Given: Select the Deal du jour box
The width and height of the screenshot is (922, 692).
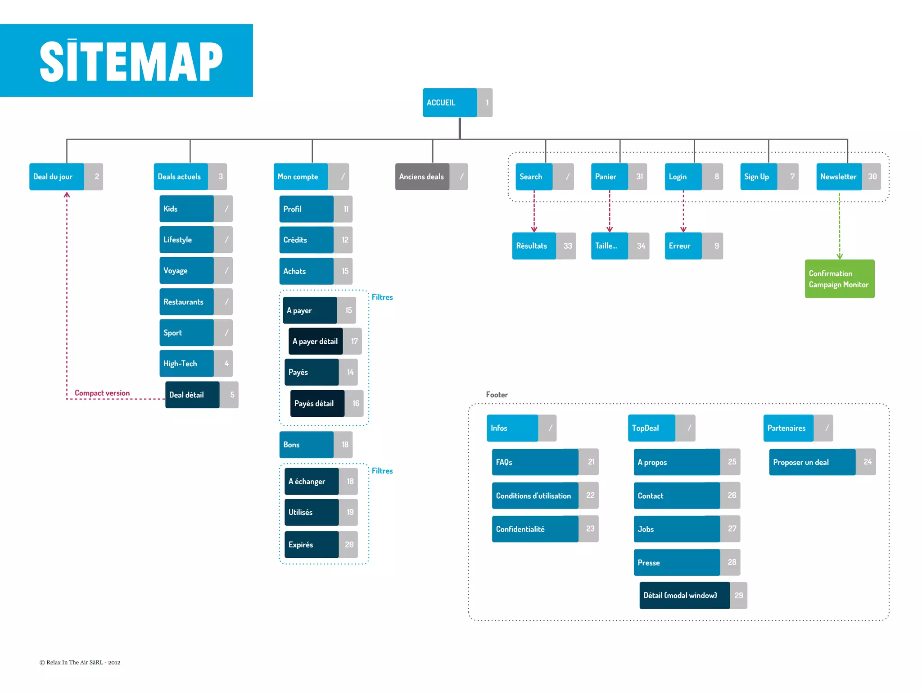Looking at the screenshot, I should [x=56, y=177].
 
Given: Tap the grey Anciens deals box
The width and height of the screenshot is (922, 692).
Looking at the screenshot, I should [x=422, y=177].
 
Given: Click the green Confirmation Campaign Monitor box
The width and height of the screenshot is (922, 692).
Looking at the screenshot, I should [x=839, y=279].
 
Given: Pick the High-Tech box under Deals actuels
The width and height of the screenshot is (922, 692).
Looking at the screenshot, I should [x=186, y=364].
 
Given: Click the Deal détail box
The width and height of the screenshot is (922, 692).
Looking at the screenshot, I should [x=192, y=395].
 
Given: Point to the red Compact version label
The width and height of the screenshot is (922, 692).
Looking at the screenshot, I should [x=102, y=393].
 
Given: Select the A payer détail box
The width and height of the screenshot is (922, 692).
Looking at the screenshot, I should [x=315, y=341].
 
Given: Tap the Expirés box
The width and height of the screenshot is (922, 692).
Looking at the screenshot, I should [x=311, y=545].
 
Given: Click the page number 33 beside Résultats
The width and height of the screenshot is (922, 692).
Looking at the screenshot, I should [x=567, y=246].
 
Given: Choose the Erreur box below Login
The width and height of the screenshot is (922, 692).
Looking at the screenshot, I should [x=682, y=246].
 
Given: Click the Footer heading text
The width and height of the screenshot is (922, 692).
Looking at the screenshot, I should [x=497, y=395].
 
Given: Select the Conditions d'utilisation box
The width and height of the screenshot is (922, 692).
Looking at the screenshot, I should [x=534, y=496].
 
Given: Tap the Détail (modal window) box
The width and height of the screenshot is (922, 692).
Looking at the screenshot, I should [x=684, y=596].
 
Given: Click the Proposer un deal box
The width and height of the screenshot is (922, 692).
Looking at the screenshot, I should [x=812, y=462].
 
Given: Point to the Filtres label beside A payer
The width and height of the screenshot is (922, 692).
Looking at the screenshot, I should [x=382, y=297].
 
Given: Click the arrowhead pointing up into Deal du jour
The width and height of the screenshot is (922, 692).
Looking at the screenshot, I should [x=67, y=195].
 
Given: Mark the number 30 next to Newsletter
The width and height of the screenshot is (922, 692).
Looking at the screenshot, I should [x=872, y=177].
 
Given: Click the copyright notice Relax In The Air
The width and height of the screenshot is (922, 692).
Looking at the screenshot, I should [x=80, y=662].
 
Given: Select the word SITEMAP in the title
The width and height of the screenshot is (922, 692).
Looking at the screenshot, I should [x=131, y=61].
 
